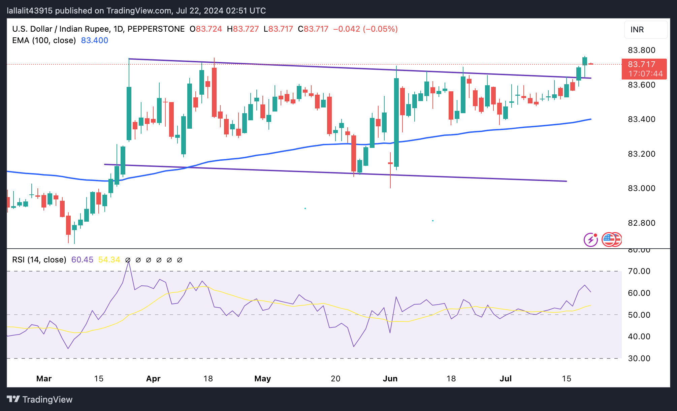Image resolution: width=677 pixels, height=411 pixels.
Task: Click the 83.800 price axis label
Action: coord(641,50)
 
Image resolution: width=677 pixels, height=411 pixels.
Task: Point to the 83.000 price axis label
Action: coord(641,188)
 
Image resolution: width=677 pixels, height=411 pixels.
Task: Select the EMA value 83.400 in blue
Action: coord(95,40)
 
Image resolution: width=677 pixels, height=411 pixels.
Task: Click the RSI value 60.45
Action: coord(82,260)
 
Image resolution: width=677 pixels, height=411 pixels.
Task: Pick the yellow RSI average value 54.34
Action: coord(109,260)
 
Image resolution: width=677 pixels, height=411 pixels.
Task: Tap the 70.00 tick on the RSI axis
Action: coord(639,271)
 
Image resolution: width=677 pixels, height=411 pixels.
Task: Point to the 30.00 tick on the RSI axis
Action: coord(639,358)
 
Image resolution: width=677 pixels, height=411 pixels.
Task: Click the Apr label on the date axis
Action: coord(153,379)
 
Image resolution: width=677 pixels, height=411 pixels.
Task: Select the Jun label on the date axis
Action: coord(390,379)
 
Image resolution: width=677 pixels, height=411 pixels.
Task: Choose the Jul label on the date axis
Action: coord(506,379)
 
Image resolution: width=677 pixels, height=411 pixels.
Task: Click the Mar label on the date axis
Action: coord(44,379)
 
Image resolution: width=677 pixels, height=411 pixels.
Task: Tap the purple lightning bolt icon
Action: coord(590,240)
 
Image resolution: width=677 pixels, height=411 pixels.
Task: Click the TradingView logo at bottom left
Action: coord(39,400)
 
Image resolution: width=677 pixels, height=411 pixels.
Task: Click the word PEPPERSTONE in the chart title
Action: coord(156,29)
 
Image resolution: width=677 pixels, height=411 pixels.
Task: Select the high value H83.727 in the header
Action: coord(243,29)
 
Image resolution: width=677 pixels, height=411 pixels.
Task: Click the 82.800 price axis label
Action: coord(641,223)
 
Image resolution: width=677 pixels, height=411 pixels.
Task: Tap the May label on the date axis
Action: coord(262,379)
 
